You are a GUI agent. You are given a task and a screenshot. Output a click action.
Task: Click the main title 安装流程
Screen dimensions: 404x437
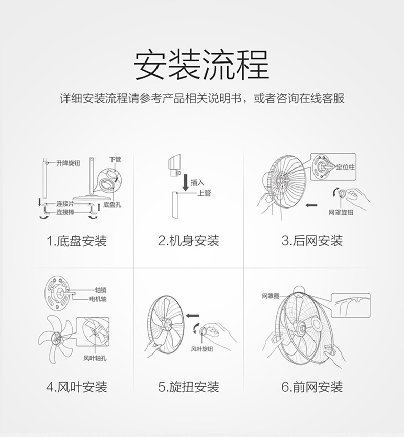201,65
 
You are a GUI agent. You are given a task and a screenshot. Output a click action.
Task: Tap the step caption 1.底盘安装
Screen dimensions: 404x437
77,240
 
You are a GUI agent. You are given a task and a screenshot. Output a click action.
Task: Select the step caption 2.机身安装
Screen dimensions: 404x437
189,240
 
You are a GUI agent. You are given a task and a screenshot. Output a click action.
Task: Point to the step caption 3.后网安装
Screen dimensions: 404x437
312,240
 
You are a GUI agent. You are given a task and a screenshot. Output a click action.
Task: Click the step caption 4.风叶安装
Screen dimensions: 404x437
77,387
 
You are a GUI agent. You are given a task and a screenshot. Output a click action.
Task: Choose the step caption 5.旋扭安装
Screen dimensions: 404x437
189,387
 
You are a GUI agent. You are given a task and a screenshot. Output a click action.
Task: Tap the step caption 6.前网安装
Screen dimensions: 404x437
312,387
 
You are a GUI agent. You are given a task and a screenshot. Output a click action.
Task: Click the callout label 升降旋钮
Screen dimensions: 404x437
68,163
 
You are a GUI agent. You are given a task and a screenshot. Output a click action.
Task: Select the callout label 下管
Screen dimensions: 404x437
115,159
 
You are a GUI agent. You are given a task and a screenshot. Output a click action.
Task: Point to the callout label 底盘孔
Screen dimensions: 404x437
112,205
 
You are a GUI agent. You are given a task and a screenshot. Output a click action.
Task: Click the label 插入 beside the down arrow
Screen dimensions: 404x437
197,182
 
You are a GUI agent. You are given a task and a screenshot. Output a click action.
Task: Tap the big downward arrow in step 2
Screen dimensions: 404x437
185,182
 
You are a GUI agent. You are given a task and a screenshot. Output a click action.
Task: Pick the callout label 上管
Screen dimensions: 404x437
204,193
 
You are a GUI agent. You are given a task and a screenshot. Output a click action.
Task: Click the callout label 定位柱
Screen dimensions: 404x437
345,167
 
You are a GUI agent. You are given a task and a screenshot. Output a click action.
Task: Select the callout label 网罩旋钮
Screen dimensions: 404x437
341,213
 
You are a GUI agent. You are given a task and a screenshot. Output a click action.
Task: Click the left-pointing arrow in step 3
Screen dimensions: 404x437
311,205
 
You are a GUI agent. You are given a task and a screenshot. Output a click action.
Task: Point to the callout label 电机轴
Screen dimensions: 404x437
98,299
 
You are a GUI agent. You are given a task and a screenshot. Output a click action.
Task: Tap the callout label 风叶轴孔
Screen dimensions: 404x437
95,358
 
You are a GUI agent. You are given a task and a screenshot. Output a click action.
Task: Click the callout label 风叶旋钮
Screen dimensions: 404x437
201,349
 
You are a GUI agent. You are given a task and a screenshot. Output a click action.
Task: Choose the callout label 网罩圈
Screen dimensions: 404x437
271,296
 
